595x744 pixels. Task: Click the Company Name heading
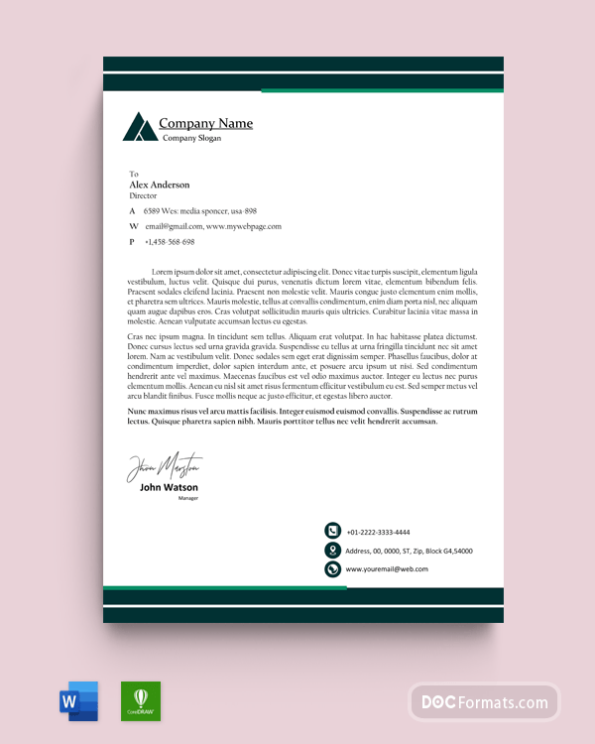tap(205, 124)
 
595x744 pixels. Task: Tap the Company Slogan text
tap(191, 138)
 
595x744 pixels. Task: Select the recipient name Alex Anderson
tap(159, 185)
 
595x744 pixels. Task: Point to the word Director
tap(143, 196)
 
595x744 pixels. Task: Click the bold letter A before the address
tap(132, 211)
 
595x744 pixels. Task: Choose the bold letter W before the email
tap(133, 227)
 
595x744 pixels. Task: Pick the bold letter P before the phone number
tap(132, 242)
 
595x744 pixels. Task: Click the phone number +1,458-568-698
tap(170, 242)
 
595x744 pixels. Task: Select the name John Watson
tap(169, 487)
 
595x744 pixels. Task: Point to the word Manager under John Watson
tap(188, 498)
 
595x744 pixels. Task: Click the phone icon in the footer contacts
tap(333, 532)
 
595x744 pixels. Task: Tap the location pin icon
tap(333, 551)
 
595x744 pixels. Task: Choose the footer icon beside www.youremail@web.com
tap(333, 569)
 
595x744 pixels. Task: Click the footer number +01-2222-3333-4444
tap(378, 532)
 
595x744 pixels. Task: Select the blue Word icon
tap(79, 701)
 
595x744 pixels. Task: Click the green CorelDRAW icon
tap(141, 701)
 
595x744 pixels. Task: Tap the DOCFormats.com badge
tap(484, 702)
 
